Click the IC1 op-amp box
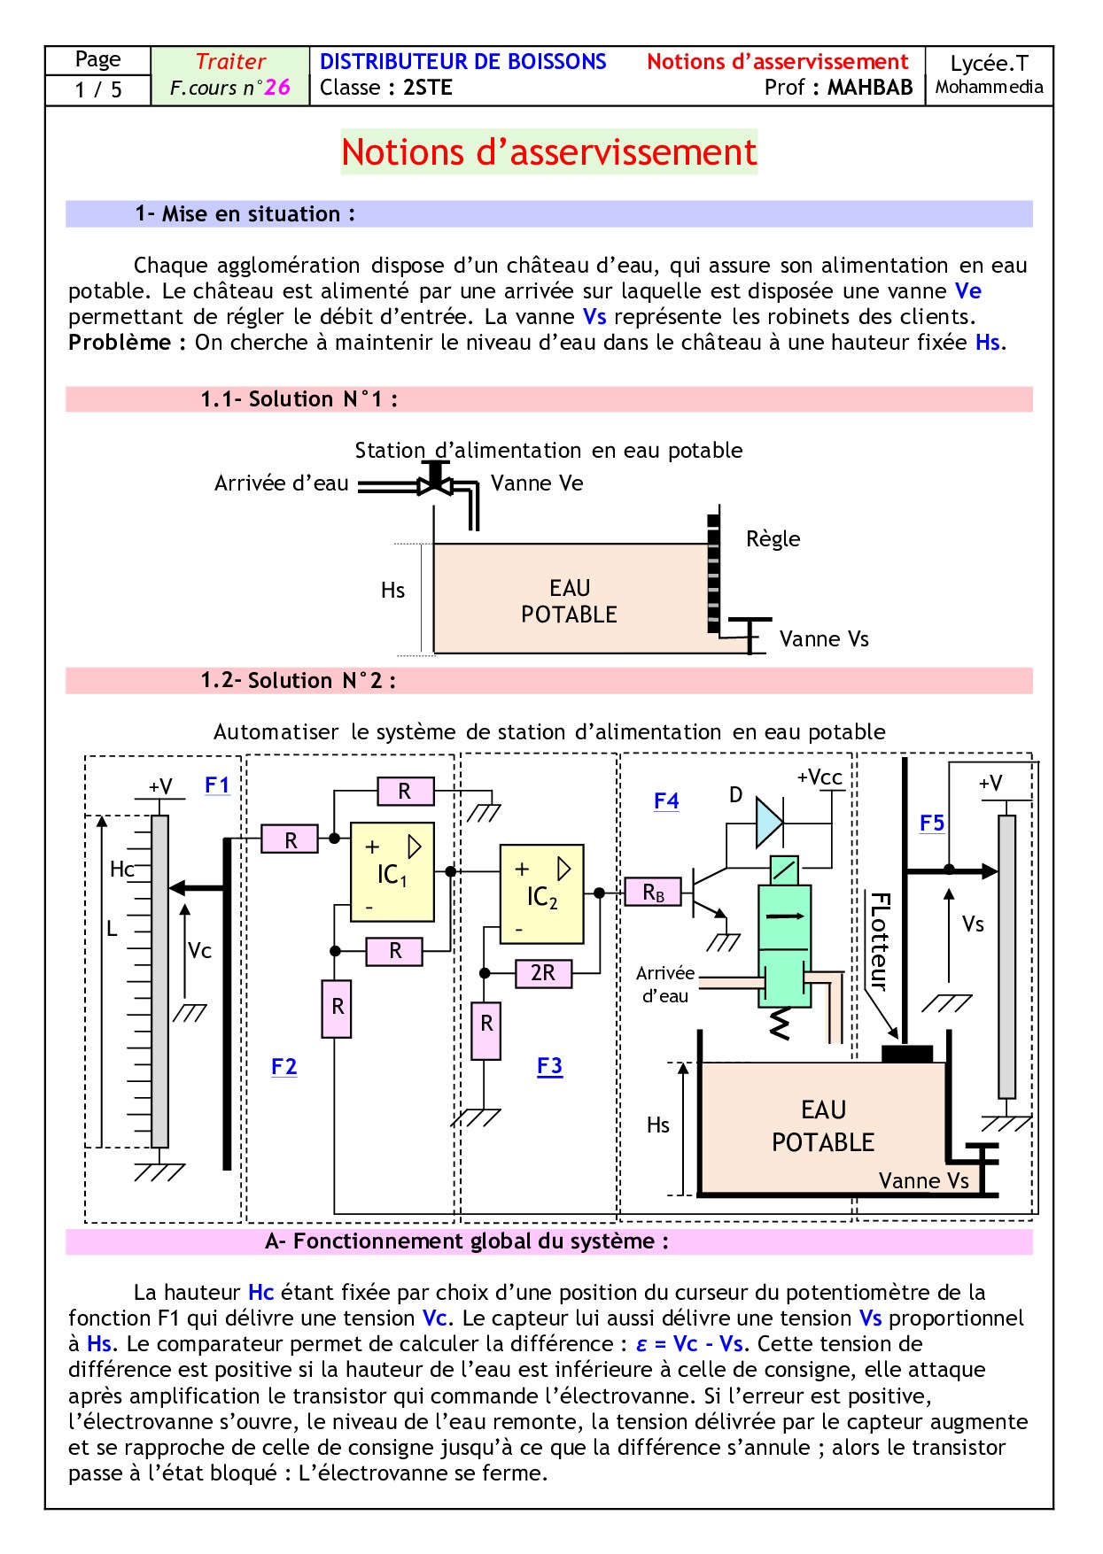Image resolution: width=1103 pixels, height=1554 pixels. click(x=392, y=872)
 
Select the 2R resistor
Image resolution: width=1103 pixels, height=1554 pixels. click(x=543, y=973)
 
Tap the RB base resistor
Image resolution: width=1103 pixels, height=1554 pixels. click(x=653, y=893)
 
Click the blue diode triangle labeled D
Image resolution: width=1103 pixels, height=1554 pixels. click(x=768, y=823)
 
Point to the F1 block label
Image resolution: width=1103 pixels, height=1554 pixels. click(x=217, y=785)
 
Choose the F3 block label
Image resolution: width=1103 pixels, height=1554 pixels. click(x=549, y=1066)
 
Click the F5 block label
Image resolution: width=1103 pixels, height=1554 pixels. click(x=932, y=823)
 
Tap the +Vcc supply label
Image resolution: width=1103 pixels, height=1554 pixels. click(x=819, y=777)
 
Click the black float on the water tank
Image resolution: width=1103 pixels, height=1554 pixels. click(x=907, y=1054)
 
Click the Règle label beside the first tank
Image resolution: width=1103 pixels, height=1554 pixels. click(x=773, y=539)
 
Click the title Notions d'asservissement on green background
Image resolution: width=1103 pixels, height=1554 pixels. click(x=549, y=152)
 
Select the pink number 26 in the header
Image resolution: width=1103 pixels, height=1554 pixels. click(x=277, y=87)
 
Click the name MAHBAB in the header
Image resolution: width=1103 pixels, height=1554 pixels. click(x=869, y=88)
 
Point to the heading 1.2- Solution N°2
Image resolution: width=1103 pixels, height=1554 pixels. click(x=298, y=681)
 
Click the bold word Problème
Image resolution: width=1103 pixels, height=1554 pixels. click(x=120, y=343)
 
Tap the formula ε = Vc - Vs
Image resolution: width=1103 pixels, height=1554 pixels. click(x=690, y=1344)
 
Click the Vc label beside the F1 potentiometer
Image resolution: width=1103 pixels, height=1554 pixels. click(x=200, y=951)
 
